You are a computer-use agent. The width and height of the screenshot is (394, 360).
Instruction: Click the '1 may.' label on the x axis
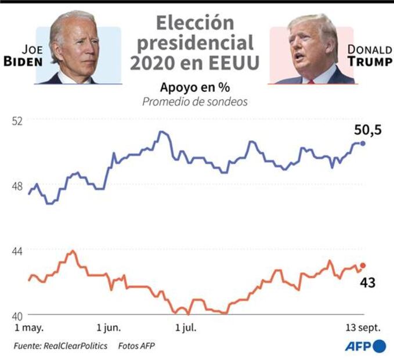click(28, 328)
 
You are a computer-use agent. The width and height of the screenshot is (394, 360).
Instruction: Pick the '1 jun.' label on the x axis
click(109, 328)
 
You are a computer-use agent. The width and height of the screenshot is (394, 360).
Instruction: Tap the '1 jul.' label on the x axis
click(185, 328)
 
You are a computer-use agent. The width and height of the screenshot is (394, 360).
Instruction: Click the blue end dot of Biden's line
click(363, 143)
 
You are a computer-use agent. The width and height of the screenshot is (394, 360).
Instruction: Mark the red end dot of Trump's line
click(363, 265)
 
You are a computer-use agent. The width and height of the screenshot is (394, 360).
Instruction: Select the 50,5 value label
click(367, 130)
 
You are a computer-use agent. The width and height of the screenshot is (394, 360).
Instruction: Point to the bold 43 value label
click(367, 283)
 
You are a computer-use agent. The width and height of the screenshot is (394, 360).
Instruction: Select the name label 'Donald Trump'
click(369, 55)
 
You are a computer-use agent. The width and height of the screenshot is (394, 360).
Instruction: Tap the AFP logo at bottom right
click(366, 346)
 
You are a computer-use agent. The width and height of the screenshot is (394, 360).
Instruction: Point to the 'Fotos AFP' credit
click(137, 345)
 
